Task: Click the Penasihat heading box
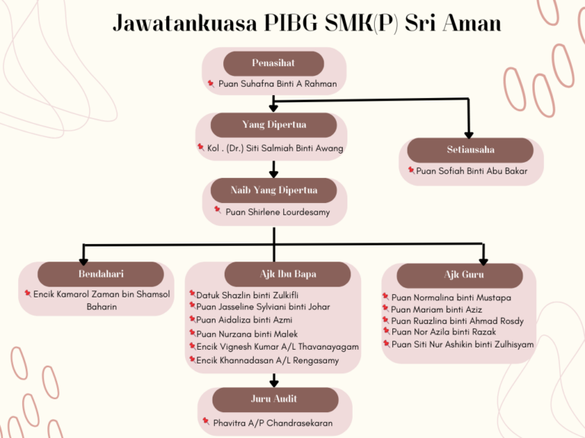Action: (x=273, y=63)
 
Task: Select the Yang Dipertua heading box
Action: (x=274, y=125)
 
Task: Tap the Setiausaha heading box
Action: (x=471, y=150)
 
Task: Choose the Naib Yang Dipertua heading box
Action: (x=274, y=190)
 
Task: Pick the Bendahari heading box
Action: (x=101, y=274)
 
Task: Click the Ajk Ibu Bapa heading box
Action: (x=288, y=274)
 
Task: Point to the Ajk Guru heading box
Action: (x=460, y=275)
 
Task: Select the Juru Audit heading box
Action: (x=275, y=400)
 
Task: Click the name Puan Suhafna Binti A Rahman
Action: (x=277, y=84)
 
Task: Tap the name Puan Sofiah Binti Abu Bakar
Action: (x=472, y=171)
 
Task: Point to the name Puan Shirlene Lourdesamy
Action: (x=277, y=212)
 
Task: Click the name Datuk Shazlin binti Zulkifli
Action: (x=248, y=295)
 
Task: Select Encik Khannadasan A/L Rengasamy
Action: (x=267, y=360)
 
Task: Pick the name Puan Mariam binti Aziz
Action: (x=436, y=309)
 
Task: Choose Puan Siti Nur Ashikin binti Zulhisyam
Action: (x=462, y=344)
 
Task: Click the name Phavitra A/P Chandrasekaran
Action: (x=273, y=423)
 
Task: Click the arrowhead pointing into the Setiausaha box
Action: (x=469, y=135)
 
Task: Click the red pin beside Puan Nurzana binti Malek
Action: (x=193, y=332)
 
